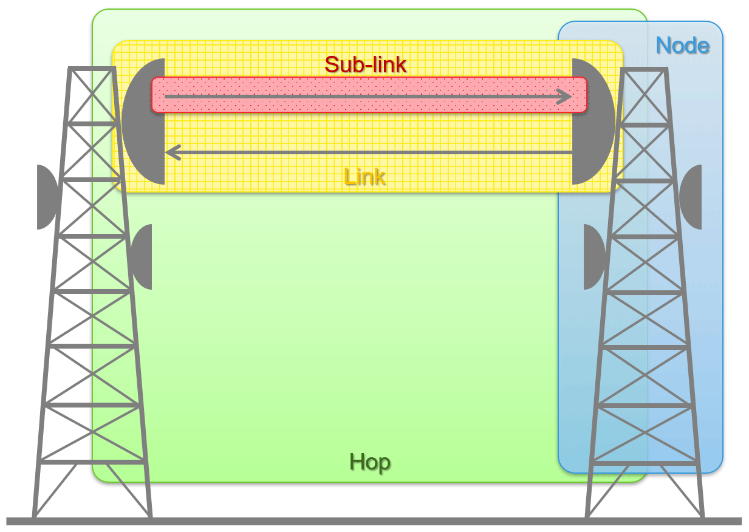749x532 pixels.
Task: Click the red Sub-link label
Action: point(365,64)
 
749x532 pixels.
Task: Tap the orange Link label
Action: point(364,177)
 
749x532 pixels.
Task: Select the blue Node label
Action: point(683,46)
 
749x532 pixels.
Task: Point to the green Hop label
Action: point(369,463)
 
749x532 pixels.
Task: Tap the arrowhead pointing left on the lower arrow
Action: point(173,152)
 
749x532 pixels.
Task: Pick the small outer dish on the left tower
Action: point(46,197)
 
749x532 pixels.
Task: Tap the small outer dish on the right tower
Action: point(691,197)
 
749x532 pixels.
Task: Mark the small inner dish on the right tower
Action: point(593,257)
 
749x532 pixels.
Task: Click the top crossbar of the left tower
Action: point(92,69)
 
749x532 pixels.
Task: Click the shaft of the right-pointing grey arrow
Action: point(364,97)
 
